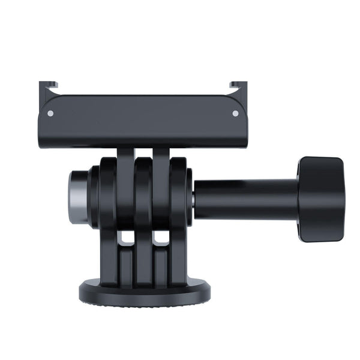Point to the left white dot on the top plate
(x=50, y=113)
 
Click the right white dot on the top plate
(x=235, y=113)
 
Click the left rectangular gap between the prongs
(x=126, y=238)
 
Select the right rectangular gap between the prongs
(x=161, y=238)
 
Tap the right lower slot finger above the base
(x=161, y=264)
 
